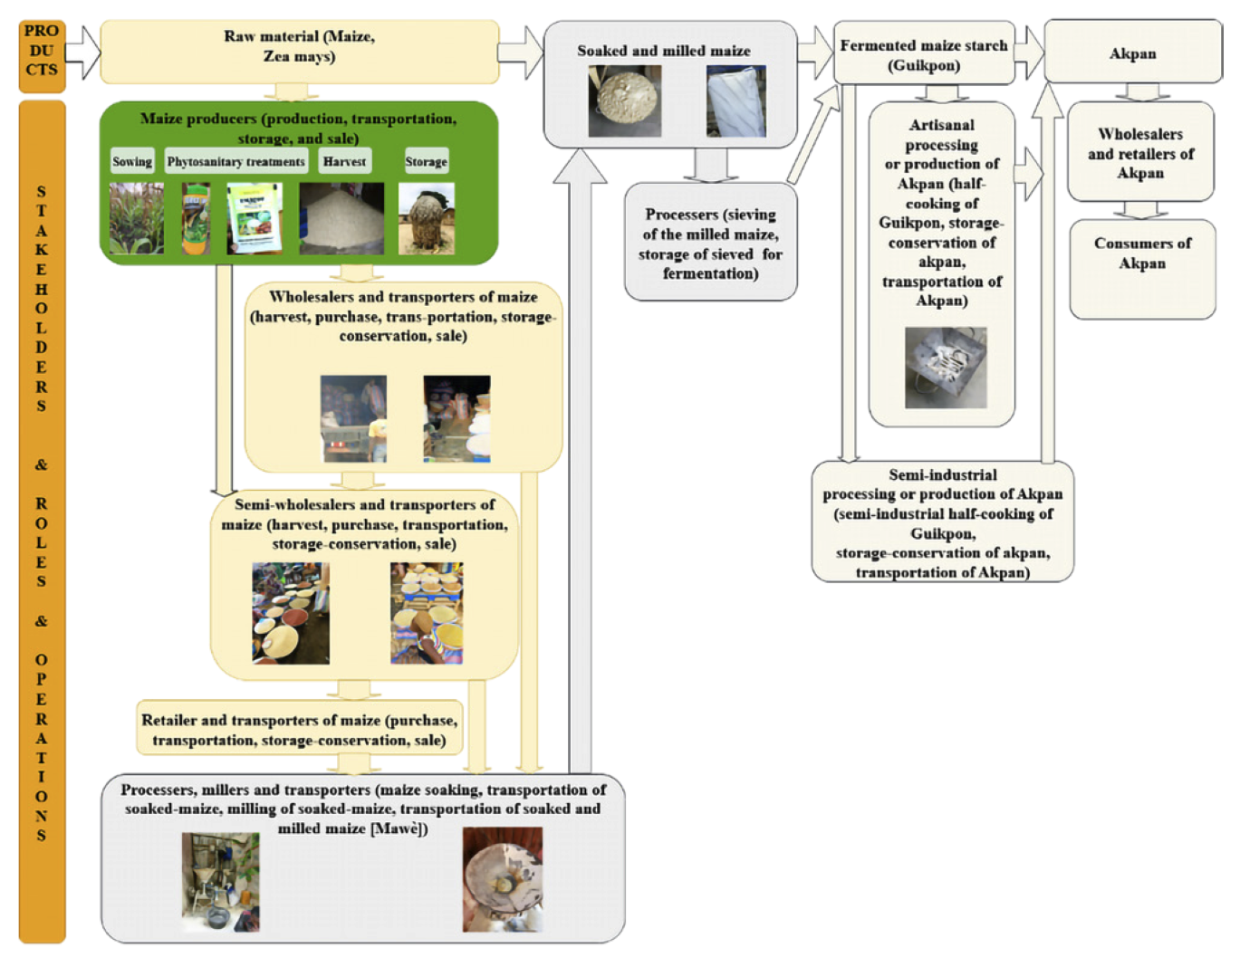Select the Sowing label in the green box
click(132, 161)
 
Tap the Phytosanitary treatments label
click(236, 161)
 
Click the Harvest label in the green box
click(344, 161)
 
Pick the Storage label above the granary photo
click(426, 161)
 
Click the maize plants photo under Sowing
click(137, 218)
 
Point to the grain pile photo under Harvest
click(341, 218)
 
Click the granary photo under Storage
click(427, 219)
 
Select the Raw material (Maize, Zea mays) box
click(299, 51)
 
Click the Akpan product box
click(1132, 53)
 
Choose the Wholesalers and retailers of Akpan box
click(1140, 152)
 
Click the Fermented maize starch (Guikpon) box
click(923, 53)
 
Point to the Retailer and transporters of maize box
click(299, 729)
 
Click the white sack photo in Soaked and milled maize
click(736, 101)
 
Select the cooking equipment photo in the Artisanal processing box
click(946, 368)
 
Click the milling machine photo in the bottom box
click(220, 881)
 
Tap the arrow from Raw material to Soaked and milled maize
click(519, 53)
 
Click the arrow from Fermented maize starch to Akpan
click(1029, 53)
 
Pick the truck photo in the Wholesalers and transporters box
click(353, 418)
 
